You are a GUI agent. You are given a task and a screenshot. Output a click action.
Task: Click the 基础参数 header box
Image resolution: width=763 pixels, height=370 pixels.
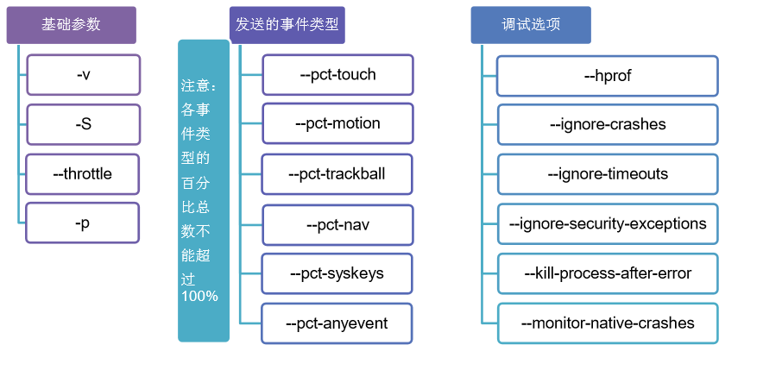(x=71, y=25)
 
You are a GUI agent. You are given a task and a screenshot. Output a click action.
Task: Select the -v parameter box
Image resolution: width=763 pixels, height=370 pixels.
(x=83, y=74)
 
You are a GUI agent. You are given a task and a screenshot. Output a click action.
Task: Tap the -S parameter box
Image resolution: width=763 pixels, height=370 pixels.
(x=83, y=124)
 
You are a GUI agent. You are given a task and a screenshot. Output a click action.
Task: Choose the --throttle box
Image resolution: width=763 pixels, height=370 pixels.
(x=82, y=173)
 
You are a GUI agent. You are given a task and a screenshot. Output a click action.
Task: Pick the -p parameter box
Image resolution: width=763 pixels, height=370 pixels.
(x=82, y=223)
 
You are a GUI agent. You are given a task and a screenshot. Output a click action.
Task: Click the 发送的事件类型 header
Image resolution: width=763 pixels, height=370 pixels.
(x=287, y=25)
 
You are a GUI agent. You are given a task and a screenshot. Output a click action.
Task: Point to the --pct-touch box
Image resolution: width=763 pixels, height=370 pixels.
(x=337, y=74)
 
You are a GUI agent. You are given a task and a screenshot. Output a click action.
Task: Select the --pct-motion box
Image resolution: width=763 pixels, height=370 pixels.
(x=337, y=123)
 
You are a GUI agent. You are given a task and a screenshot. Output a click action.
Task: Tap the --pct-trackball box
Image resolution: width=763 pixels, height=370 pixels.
(x=337, y=173)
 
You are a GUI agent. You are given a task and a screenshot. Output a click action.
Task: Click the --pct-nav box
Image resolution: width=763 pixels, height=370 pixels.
(x=337, y=224)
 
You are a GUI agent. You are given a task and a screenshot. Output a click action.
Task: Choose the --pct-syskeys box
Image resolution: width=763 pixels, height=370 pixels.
(x=337, y=273)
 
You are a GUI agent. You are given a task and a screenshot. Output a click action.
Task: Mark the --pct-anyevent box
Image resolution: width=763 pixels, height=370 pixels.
(x=337, y=323)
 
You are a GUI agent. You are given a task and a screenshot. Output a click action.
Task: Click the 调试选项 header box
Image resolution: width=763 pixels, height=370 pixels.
(x=531, y=25)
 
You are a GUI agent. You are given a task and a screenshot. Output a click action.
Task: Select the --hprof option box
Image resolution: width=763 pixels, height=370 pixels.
(x=608, y=76)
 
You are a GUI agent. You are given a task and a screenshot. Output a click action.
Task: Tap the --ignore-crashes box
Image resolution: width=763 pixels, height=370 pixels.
(x=608, y=125)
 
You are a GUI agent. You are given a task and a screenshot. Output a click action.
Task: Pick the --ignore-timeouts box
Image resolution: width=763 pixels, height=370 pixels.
(x=608, y=174)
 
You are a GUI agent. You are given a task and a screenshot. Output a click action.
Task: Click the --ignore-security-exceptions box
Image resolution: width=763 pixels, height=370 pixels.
(x=608, y=224)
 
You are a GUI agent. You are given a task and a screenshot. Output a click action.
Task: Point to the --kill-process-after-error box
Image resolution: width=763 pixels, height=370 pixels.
(x=608, y=273)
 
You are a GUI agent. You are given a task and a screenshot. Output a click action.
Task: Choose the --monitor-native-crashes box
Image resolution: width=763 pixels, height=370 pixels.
(x=608, y=323)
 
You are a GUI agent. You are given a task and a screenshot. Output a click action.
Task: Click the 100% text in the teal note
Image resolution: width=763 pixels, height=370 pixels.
(x=199, y=296)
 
